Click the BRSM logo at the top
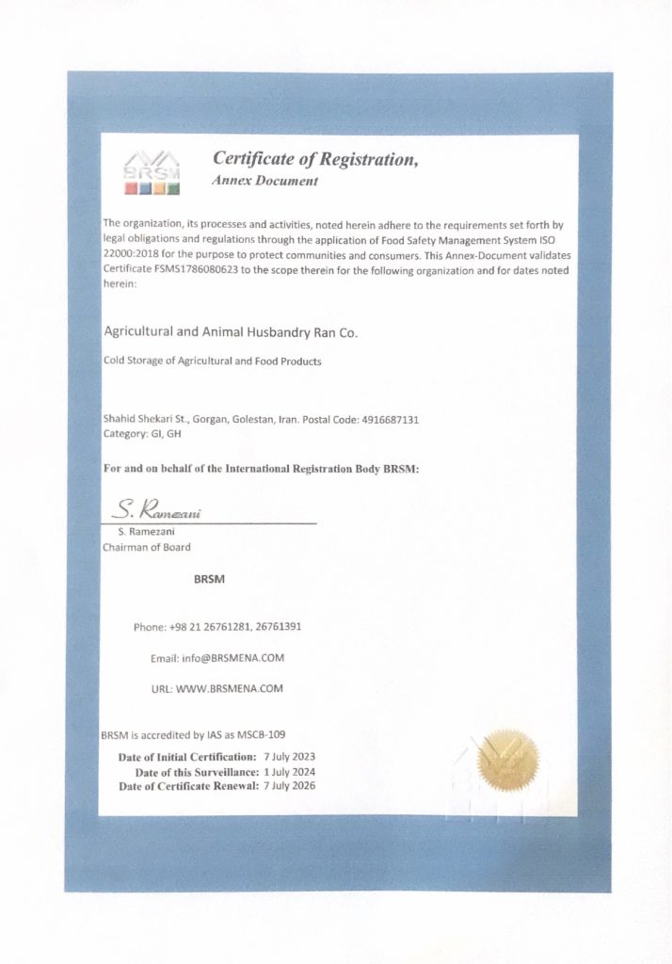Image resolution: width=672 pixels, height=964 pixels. click(153, 171)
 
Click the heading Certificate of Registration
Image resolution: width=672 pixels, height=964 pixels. click(314, 159)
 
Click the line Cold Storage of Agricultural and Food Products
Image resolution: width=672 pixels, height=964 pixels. click(212, 361)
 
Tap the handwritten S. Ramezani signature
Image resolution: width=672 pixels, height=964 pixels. click(158, 511)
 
